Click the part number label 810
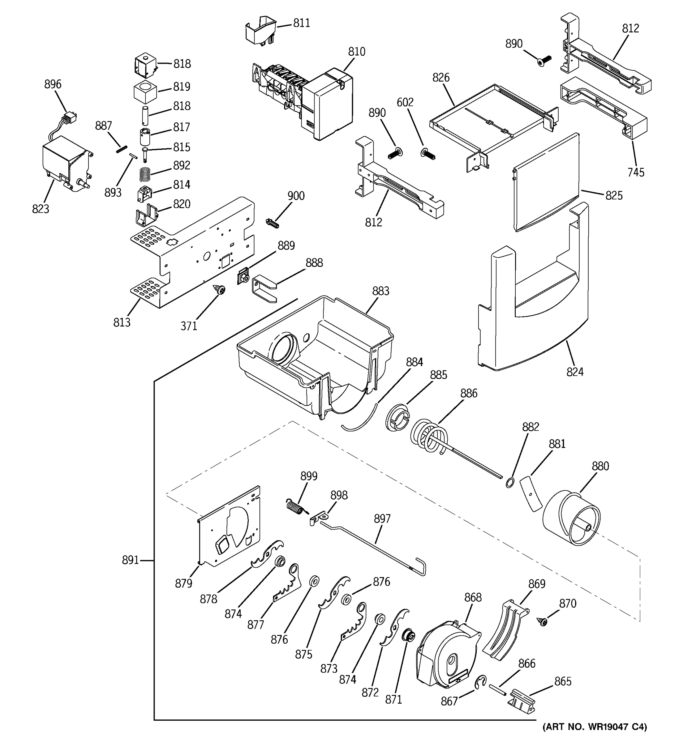click(356, 52)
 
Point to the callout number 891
click(130, 560)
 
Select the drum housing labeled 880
click(571, 519)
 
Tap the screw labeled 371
click(220, 290)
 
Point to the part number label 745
click(635, 172)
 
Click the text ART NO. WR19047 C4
click(595, 727)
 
